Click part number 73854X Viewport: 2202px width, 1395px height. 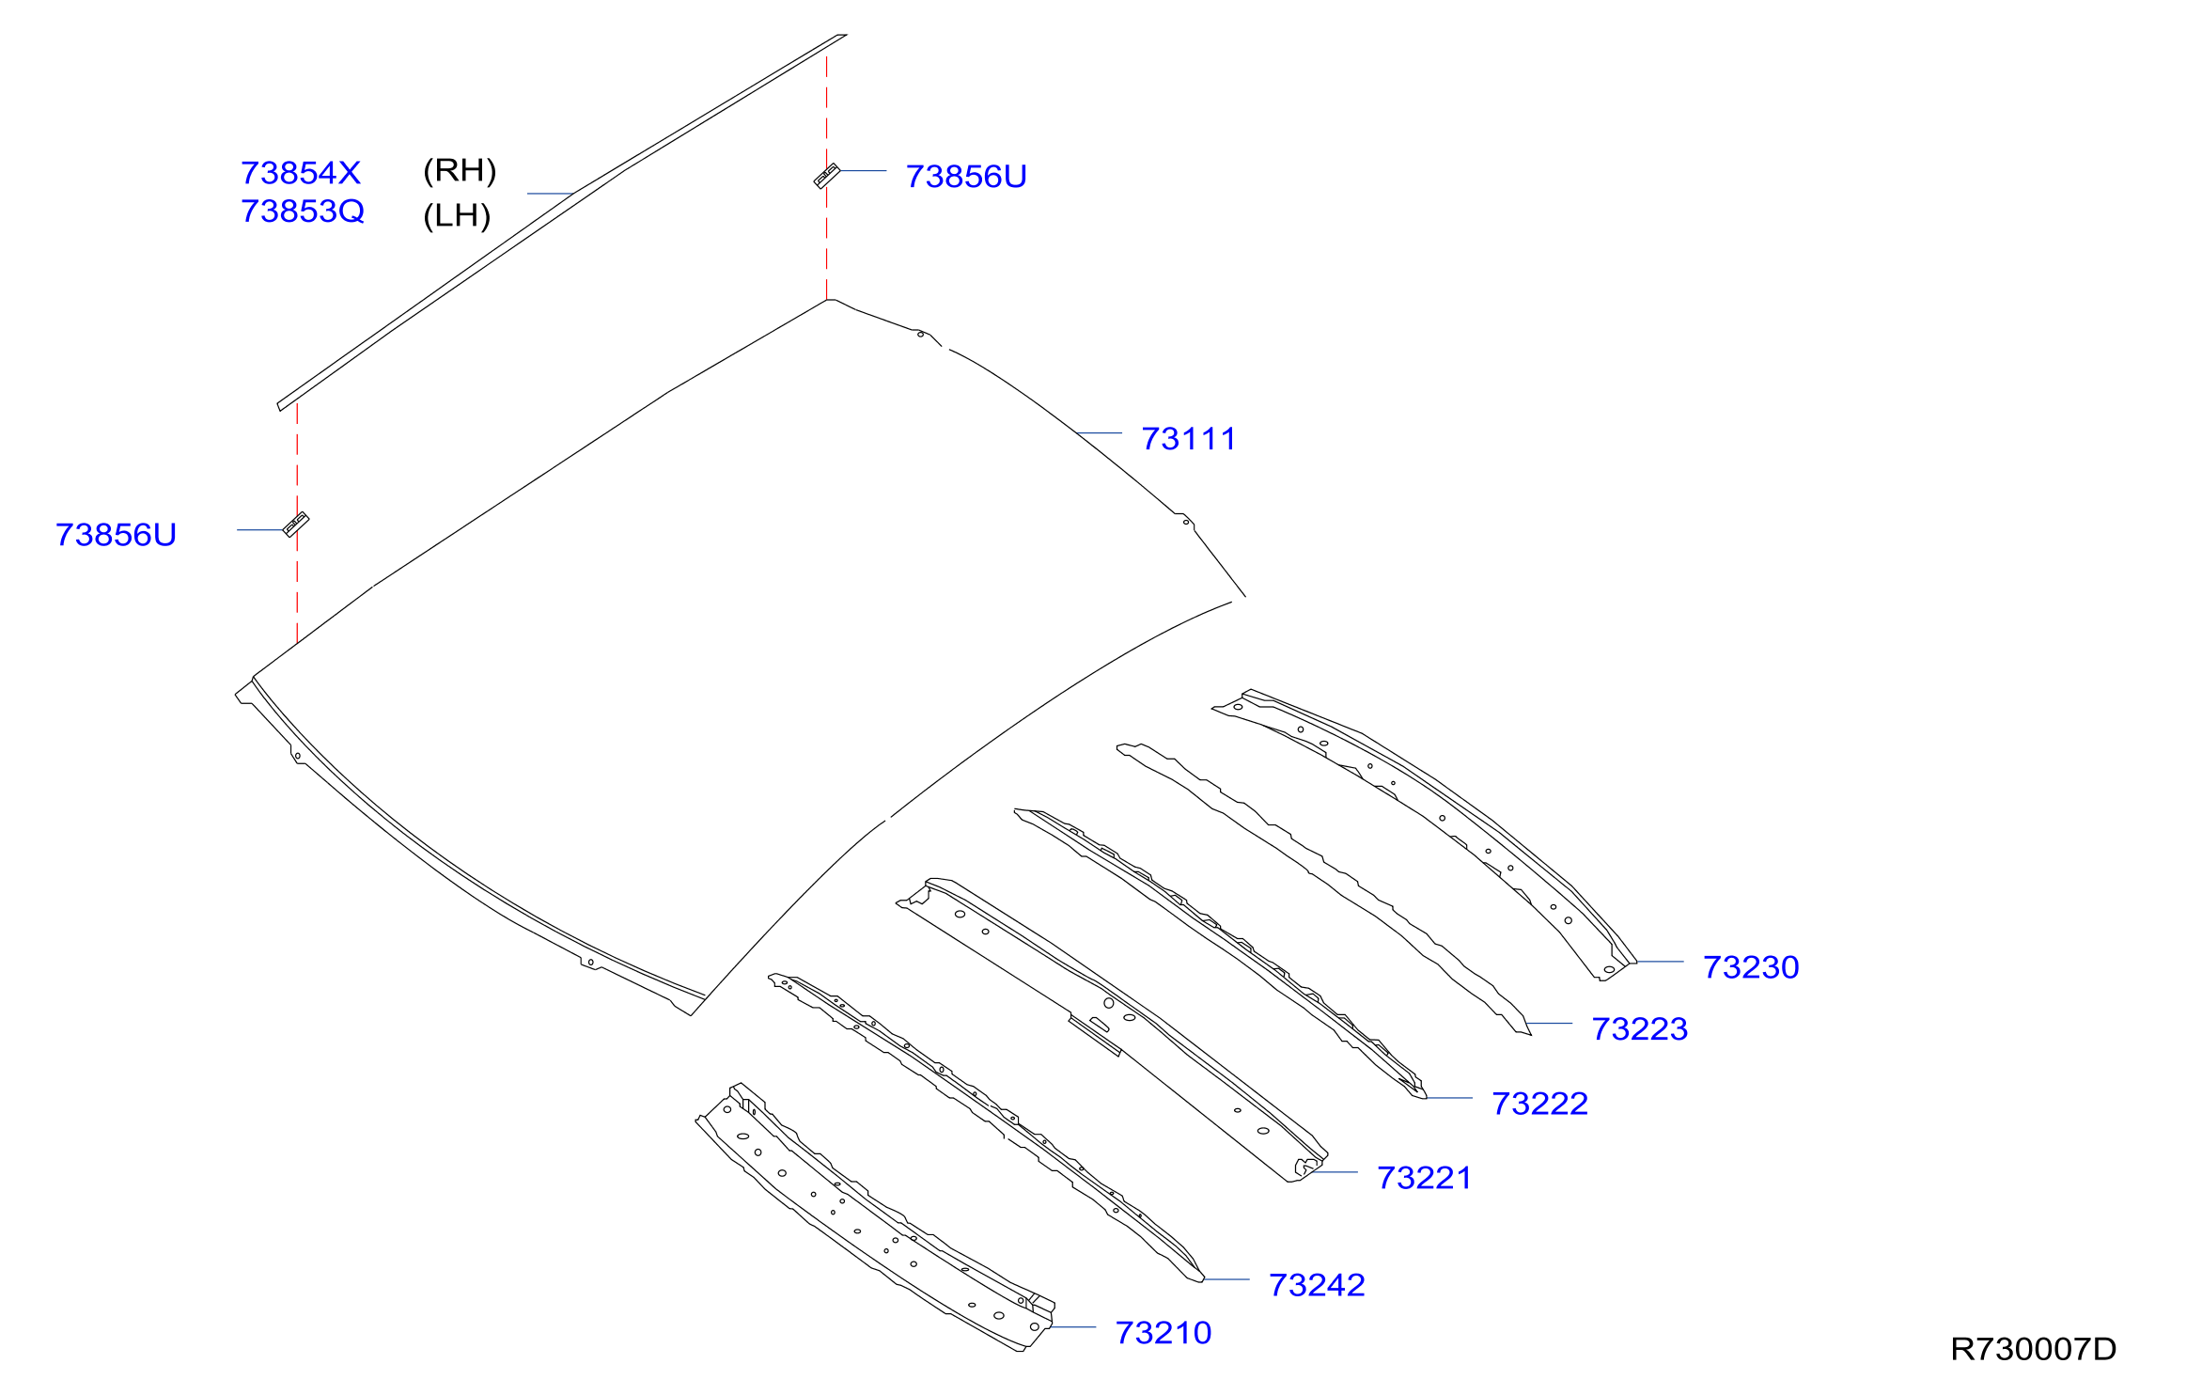(x=301, y=173)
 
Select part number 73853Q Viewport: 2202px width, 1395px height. (x=303, y=212)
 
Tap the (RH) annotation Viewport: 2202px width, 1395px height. (x=460, y=170)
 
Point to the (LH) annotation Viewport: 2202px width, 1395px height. (x=457, y=215)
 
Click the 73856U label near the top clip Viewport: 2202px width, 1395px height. (x=966, y=177)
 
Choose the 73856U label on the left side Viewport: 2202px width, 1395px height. (x=116, y=535)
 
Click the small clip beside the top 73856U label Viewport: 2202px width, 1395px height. (x=826, y=176)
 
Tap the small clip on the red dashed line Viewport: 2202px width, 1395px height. (x=296, y=525)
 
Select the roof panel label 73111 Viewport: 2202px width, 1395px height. (x=1189, y=439)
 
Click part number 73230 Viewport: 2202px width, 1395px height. (x=1751, y=967)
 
